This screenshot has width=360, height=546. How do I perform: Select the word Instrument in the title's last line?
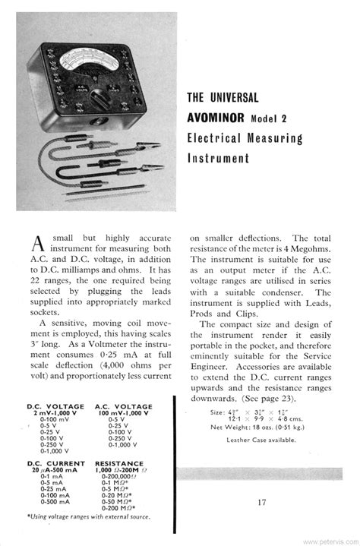pyautogui.click(x=219, y=159)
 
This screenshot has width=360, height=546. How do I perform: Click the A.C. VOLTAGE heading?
pyautogui.click(x=122, y=406)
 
